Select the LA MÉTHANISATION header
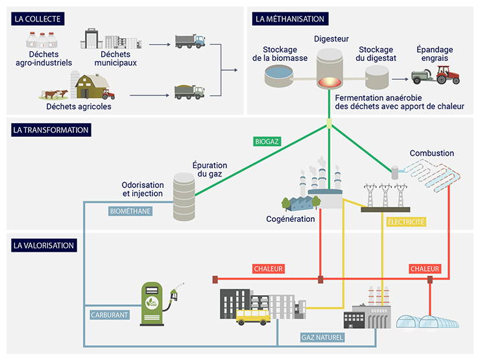coord(289,19)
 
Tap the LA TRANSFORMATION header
coord(50,130)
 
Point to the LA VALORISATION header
coord(43,245)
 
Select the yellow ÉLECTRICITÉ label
coord(405,222)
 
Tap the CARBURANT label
coord(109,315)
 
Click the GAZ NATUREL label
coord(322,337)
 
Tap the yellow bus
coord(253,316)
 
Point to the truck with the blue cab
coord(190,42)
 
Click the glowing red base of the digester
coord(330,84)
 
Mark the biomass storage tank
coord(278,77)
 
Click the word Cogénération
coord(290,219)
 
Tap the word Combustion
coord(431,153)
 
